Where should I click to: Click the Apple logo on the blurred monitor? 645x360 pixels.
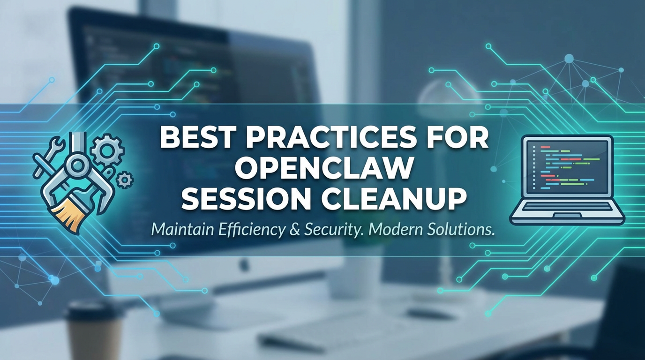244,265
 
